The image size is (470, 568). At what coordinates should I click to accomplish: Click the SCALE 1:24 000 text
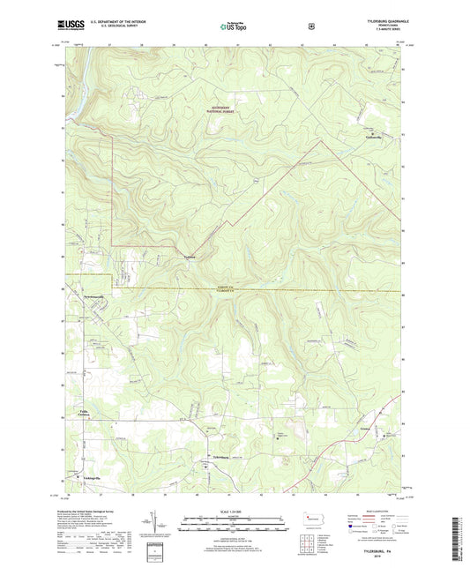point(234,512)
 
